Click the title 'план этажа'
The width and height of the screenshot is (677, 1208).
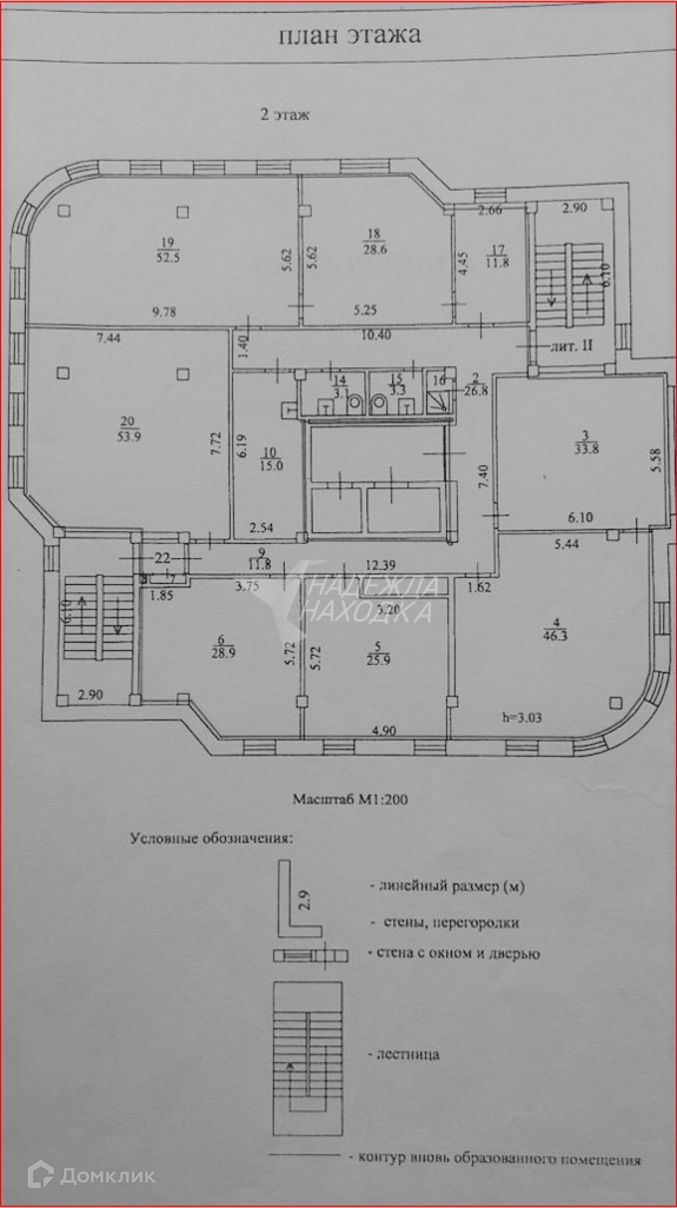350,35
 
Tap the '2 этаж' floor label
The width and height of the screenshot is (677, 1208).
284,115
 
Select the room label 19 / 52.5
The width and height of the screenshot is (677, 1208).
168,250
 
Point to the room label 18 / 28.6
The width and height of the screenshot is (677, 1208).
374,241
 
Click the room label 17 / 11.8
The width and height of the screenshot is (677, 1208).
497,256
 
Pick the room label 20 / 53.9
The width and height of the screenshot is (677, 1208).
128,429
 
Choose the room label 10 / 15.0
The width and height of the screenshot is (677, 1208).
271,459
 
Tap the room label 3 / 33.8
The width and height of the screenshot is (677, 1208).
586,442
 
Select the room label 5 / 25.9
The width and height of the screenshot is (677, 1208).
378,653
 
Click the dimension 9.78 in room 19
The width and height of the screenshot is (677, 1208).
164,311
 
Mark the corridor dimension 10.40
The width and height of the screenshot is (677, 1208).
376,335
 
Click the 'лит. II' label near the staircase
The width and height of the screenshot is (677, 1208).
571,346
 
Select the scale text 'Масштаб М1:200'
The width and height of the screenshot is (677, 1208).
350,799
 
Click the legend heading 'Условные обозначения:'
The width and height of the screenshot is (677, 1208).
212,838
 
